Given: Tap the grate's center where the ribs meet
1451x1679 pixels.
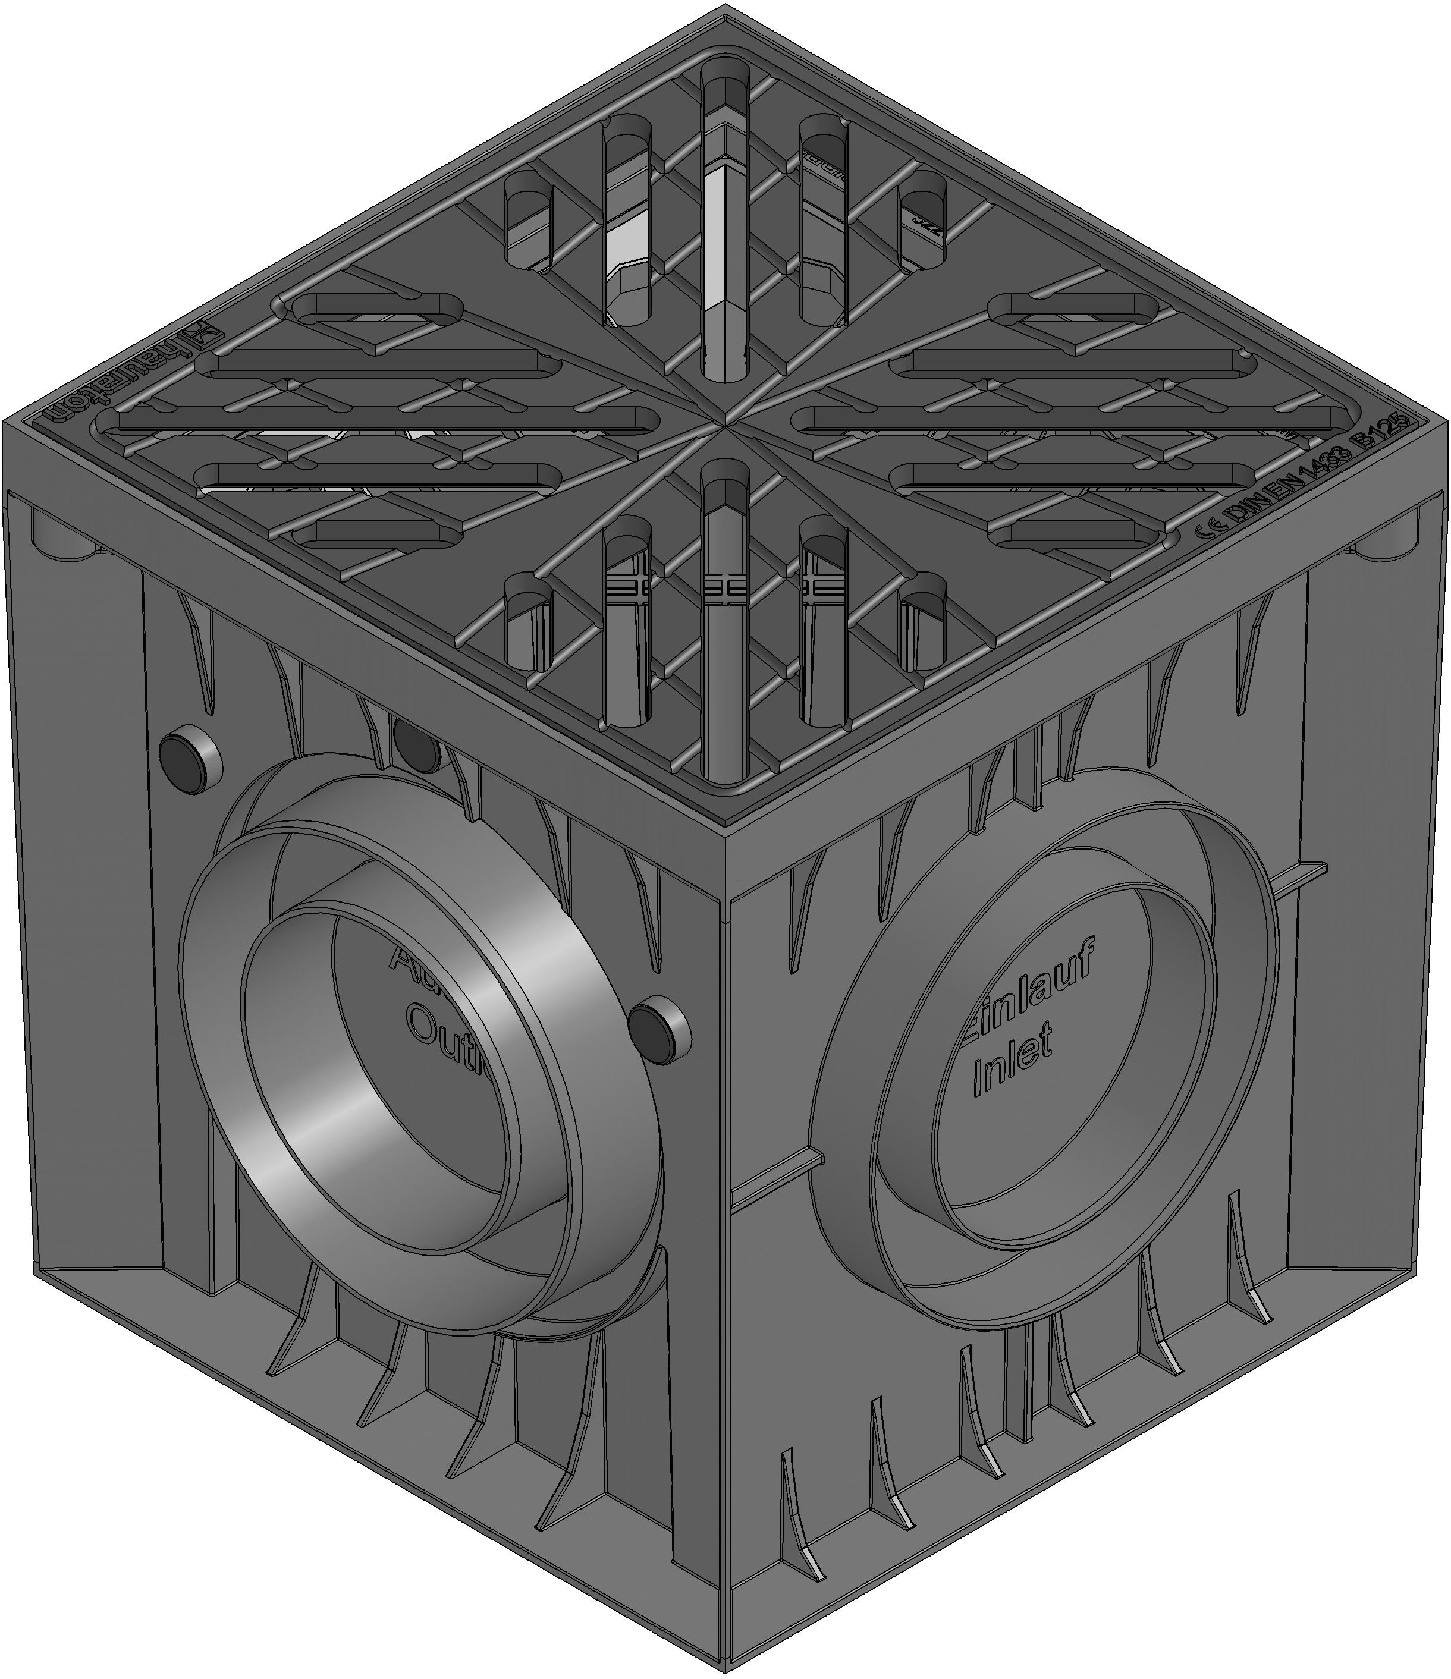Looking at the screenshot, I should click(724, 422).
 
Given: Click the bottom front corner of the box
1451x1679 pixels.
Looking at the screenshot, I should click(724, 1669).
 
